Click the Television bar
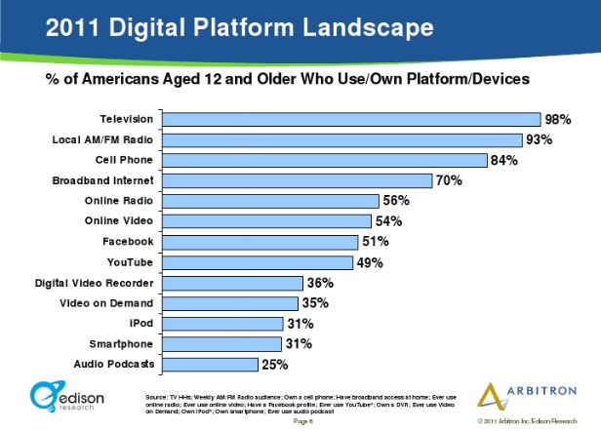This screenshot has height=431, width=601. pyautogui.click(x=351, y=119)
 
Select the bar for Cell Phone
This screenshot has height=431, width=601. pyautogui.click(x=325, y=160)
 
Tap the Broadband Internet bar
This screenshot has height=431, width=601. pyautogui.click(x=298, y=180)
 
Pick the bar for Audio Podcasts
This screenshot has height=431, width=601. pyautogui.click(x=210, y=365)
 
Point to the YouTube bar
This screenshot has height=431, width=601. pyautogui.click(x=257, y=262)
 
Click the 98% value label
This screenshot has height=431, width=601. pyautogui.click(x=558, y=119)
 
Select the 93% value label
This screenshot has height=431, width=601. pyautogui.click(x=539, y=139)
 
